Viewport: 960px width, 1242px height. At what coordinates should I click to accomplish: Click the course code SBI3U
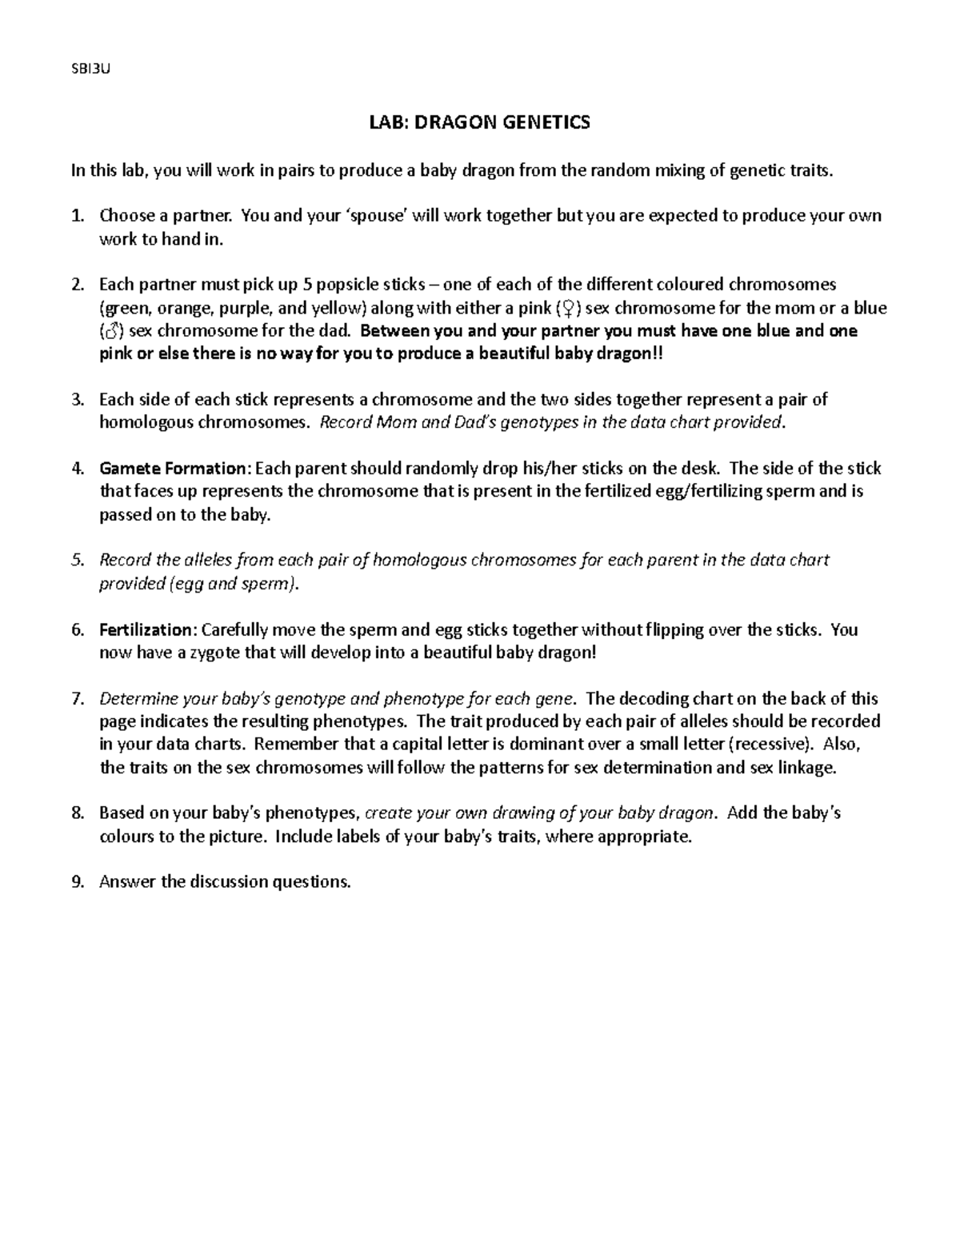tap(89, 68)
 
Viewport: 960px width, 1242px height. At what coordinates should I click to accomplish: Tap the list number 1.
tap(77, 216)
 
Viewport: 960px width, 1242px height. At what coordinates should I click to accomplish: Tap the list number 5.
tap(77, 561)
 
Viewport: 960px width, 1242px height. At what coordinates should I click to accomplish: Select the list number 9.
tap(77, 883)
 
